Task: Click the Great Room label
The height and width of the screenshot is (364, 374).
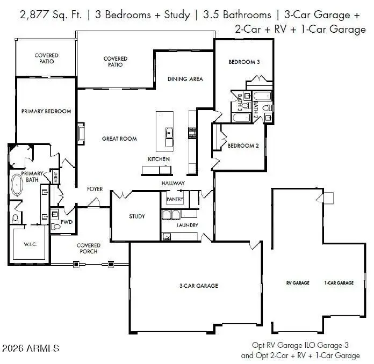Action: click(119, 139)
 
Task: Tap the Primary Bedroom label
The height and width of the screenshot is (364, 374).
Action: click(46, 111)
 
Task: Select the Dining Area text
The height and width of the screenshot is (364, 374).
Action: click(185, 79)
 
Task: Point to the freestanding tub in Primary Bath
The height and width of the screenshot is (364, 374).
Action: click(17, 185)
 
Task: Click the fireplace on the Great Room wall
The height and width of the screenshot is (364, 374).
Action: click(81, 134)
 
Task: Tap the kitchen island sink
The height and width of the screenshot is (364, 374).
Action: click(169, 133)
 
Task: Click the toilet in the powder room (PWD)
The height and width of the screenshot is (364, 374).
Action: click(55, 226)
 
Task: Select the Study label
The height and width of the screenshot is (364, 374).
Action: click(137, 216)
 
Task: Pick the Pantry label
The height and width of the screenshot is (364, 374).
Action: click(175, 199)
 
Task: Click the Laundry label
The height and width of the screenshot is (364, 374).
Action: click(187, 225)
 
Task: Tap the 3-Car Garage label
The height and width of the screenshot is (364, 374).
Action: click(199, 286)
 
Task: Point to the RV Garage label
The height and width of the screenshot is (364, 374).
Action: click(298, 283)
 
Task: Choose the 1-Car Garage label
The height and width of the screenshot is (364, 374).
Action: click(339, 283)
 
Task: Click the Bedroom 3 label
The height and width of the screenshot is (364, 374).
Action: click(244, 62)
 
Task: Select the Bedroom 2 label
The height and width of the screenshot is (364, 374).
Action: click(243, 145)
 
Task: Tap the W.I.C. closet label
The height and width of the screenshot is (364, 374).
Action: click(30, 244)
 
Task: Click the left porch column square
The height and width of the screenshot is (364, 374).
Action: click(76, 264)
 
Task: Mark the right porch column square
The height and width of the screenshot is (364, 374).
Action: click(111, 264)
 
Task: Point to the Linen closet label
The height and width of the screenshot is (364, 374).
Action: click(55, 177)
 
